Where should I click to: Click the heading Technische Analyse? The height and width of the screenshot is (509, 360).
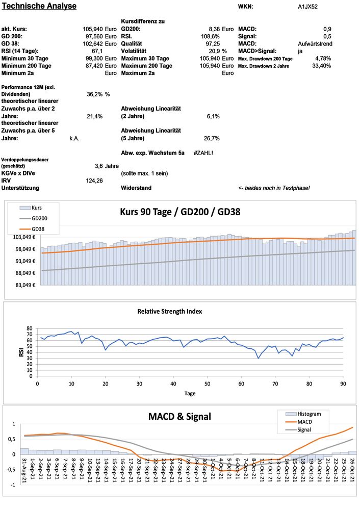(x=39, y=6)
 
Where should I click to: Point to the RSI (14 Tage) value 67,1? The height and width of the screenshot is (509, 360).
(x=97, y=51)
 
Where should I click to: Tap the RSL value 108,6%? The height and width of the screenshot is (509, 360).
(x=211, y=37)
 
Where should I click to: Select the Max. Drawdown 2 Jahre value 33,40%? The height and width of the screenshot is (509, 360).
(x=321, y=66)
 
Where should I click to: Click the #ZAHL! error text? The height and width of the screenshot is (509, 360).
(x=203, y=152)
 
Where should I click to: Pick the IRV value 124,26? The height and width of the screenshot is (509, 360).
(x=94, y=180)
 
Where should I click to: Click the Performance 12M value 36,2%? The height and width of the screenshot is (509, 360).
(x=95, y=94)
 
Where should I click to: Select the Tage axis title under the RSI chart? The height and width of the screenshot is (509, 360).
(x=190, y=393)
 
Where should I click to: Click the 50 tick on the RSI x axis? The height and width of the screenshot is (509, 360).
(x=207, y=384)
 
